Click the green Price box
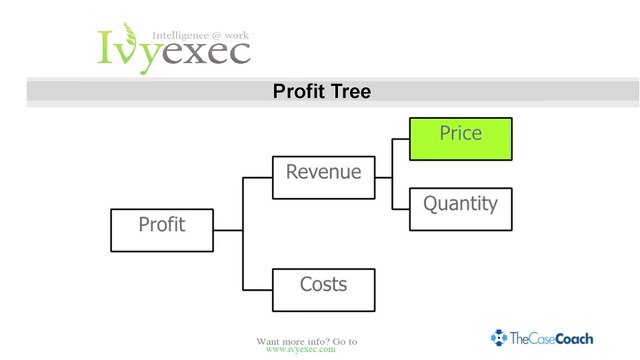(x=460, y=139)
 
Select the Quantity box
(x=460, y=209)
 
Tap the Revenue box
(x=324, y=178)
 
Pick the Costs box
(x=324, y=290)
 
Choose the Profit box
(x=162, y=230)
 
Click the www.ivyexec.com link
(x=301, y=349)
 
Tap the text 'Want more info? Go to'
(x=307, y=341)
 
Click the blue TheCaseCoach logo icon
(x=499, y=338)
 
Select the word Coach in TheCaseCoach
(x=574, y=339)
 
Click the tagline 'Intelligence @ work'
(x=200, y=36)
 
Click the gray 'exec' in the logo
(x=206, y=53)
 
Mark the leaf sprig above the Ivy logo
(x=130, y=33)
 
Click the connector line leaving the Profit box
(x=228, y=230)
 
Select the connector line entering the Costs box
(x=258, y=290)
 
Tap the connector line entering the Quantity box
(x=401, y=209)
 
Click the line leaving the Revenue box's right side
(x=384, y=178)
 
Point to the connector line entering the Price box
(x=401, y=139)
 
